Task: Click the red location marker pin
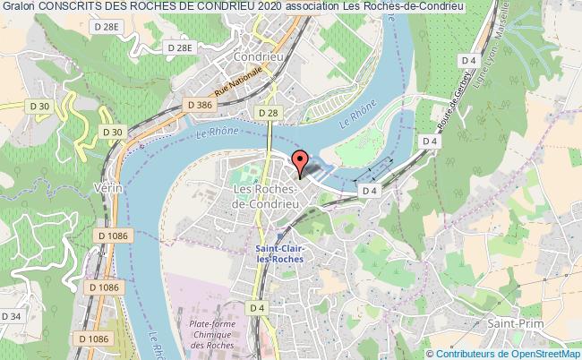301,162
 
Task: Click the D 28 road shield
266,113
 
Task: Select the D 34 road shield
12,316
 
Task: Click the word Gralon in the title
20,7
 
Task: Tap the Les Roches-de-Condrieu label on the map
266,197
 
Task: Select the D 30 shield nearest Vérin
112,133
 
